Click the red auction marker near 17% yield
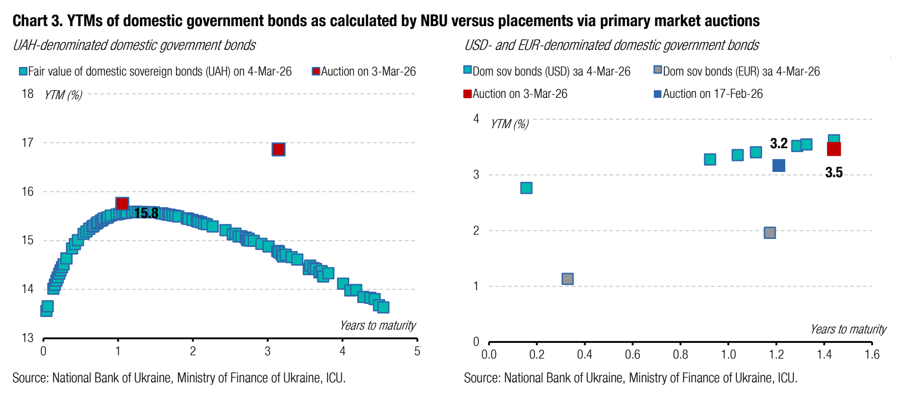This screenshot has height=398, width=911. [x=279, y=150]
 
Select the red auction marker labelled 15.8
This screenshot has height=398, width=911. [x=122, y=204]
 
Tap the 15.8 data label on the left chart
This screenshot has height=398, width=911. [x=146, y=213]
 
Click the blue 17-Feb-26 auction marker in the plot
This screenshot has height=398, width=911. [x=779, y=165]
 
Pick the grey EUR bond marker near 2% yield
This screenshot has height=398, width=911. [x=770, y=232]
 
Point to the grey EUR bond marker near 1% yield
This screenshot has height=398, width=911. [x=567, y=279]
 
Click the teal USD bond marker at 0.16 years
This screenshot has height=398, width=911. [x=526, y=188]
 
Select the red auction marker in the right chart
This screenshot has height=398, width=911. [x=834, y=149]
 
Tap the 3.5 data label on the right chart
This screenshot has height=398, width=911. [x=834, y=172]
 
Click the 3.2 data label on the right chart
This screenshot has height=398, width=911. [x=779, y=143]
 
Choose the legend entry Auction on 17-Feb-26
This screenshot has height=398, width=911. [x=708, y=94]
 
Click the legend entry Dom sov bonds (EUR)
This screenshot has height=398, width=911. [x=736, y=71]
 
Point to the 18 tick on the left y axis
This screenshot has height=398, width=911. [x=28, y=94]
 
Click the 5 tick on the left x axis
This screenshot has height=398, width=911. [x=417, y=351]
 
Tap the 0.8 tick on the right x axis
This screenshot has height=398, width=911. [x=680, y=354]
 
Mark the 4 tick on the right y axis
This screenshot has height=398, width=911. [x=476, y=119]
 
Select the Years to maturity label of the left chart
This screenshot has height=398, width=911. [x=378, y=325]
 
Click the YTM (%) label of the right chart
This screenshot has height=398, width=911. [x=510, y=124]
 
